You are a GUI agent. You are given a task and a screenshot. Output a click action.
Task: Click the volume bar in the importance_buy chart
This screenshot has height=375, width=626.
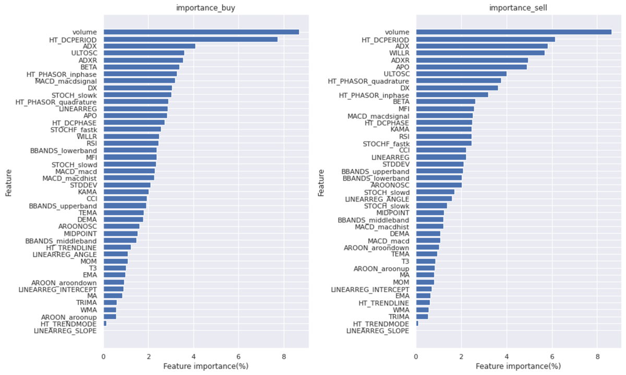[201, 32]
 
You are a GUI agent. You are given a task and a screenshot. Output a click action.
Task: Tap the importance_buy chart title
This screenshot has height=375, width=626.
[206, 8]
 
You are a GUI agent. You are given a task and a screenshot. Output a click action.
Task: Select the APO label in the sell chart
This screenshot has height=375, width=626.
[402, 67]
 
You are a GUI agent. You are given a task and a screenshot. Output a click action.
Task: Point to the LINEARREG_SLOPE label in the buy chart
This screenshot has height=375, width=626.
[65, 331]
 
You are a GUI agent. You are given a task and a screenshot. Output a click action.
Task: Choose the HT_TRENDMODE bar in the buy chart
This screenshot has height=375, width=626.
[105, 324]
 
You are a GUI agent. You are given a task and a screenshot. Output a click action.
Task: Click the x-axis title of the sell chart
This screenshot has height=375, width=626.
[518, 367]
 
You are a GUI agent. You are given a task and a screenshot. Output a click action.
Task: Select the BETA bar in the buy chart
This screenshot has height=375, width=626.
[141, 67]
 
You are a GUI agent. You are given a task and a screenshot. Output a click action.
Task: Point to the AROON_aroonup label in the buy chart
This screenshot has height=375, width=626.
[69, 317]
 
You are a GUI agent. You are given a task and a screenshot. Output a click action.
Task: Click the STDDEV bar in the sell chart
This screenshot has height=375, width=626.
[440, 164]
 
